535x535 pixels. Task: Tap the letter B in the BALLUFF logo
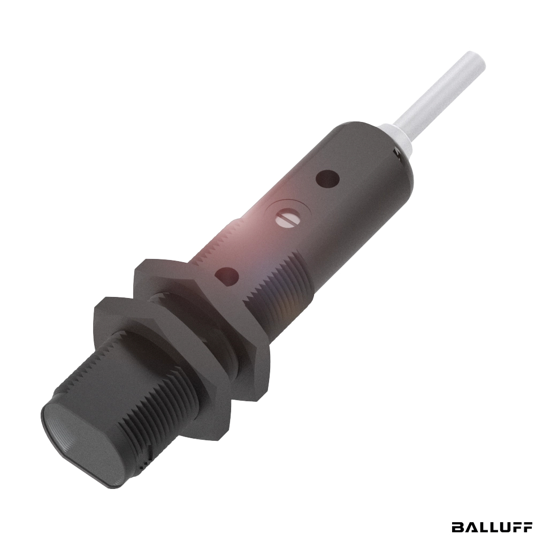coord(458,526)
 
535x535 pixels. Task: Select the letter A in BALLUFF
coord(470,526)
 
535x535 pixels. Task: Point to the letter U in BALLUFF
coord(503,526)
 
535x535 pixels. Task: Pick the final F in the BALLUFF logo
coord(527,526)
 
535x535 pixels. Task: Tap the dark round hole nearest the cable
coord(328,179)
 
